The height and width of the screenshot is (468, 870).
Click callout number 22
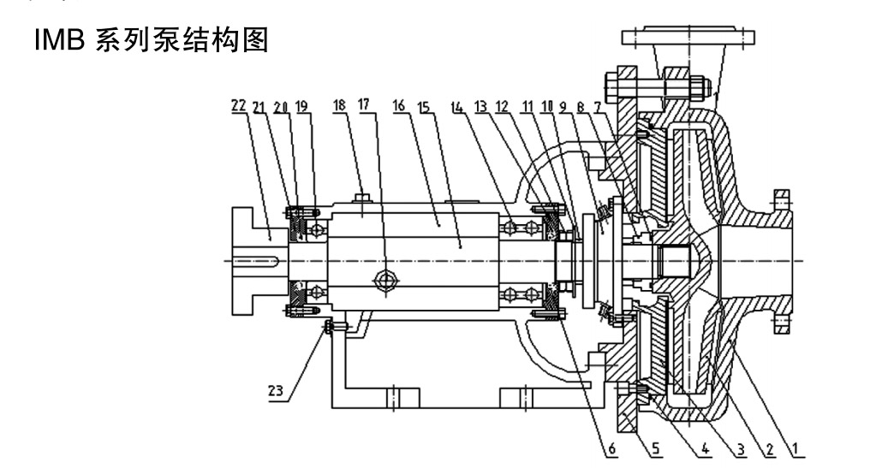[x=238, y=106]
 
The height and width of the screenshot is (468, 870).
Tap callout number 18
[x=340, y=106]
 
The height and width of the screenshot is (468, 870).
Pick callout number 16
[x=398, y=106]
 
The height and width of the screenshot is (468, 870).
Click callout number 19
[x=301, y=106]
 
